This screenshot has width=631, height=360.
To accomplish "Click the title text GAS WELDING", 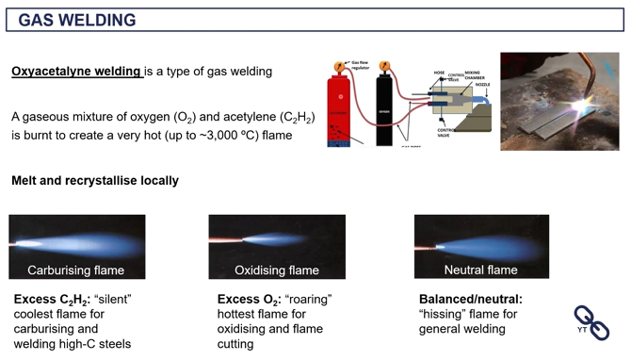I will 77,20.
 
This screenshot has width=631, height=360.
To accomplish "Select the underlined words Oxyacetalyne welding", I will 76,72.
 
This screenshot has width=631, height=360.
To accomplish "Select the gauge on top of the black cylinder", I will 383,67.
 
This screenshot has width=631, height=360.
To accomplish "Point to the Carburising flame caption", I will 76,270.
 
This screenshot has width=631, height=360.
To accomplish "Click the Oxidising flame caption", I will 277,270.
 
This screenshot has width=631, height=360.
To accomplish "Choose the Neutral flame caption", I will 481,270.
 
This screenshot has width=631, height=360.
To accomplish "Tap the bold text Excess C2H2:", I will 51,300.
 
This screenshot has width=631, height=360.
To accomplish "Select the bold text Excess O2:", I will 249,300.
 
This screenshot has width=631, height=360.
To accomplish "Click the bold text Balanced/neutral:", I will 470,299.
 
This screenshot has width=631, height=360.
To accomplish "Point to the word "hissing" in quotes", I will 446,314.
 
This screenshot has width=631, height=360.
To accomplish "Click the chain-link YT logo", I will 591,322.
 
